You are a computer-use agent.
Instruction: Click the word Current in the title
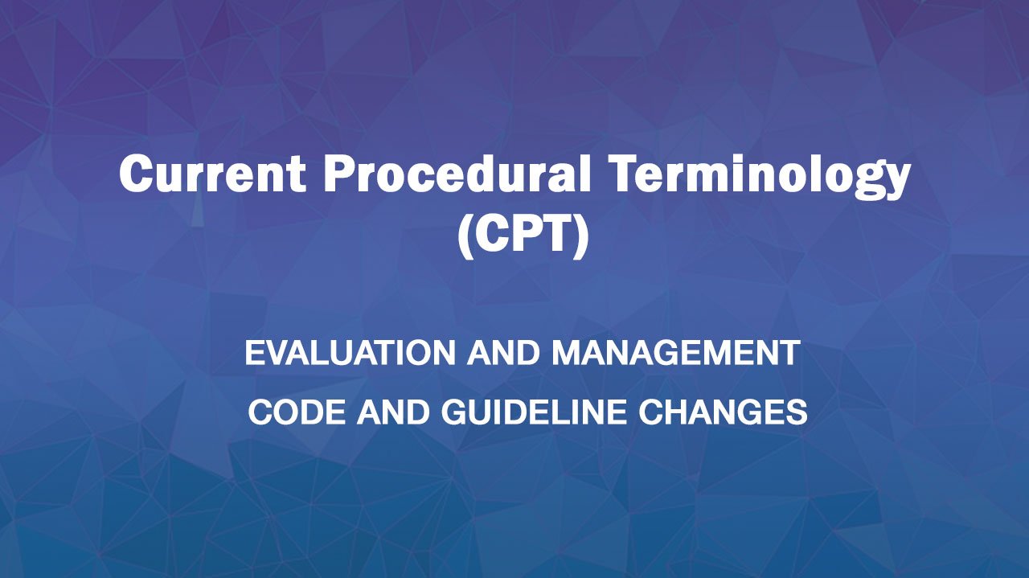(x=212, y=173)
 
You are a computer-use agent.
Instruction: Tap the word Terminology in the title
(x=761, y=176)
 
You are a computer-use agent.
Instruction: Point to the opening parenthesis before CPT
(x=466, y=236)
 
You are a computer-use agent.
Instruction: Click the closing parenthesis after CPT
(x=580, y=236)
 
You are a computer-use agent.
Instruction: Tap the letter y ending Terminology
(x=896, y=182)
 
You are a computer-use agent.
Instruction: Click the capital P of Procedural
(x=341, y=173)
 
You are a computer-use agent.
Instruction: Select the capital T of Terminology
(x=627, y=173)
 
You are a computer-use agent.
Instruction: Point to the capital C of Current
(x=137, y=173)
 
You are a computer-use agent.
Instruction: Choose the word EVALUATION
(x=350, y=353)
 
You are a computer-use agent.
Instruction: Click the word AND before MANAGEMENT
(x=503, y=353)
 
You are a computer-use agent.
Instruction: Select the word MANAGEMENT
(x=676, y=353)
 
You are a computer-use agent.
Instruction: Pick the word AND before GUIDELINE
(x=393, y=412)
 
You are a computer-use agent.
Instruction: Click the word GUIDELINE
(x=534, y=412)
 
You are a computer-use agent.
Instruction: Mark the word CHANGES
(x=723, y=412)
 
